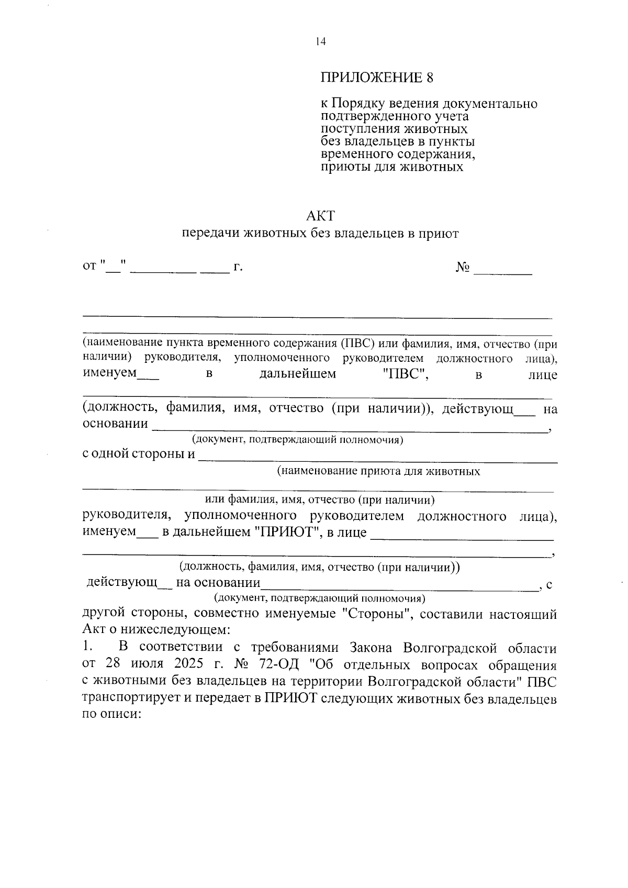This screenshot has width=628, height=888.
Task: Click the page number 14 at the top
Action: tap(320, 42)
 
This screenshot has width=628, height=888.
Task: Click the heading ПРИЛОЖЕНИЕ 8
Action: tap(377, 78)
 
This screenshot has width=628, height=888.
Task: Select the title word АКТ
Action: tap(320, 216)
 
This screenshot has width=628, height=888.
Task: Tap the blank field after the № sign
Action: tap(502, 270)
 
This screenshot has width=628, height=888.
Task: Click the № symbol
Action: tap(463, 268)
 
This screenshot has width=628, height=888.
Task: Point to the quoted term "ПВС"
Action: tap(406, 374)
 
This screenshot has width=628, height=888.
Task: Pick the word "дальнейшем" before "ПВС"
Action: tap(298, 374)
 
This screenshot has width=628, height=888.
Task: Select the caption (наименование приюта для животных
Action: tap(378, 471)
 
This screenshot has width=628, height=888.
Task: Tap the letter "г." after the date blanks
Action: tap(238, 268)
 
